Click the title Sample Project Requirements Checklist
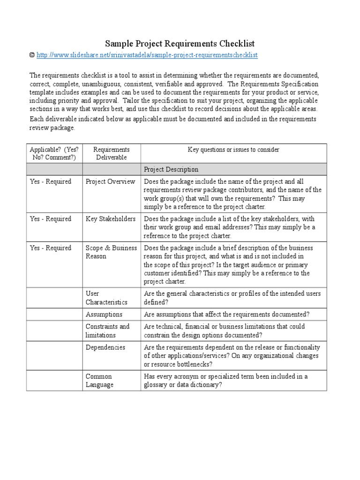180,44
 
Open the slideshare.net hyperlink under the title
147,55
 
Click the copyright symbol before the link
32,55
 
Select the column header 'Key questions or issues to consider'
233,150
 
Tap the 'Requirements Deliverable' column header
111,153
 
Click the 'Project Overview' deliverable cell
110,181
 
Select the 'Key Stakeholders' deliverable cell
111,219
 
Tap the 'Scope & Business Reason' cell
111,252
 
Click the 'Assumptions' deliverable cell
104,315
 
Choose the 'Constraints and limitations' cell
107,331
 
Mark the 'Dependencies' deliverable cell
105,347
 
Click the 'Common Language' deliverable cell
99,381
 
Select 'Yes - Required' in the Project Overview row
51,181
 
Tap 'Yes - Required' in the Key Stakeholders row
51,219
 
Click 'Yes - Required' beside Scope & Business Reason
51,248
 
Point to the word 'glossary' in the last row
157,385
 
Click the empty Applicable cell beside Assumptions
54,315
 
